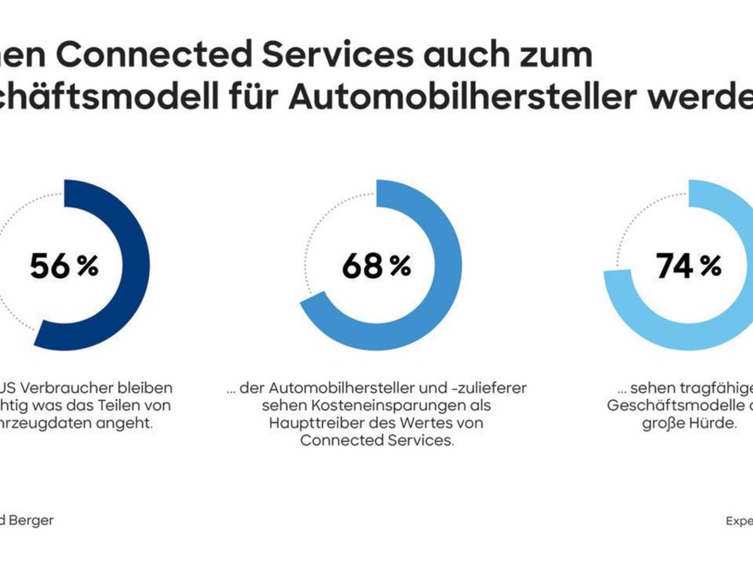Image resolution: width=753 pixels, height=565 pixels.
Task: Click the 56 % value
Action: (64, 266)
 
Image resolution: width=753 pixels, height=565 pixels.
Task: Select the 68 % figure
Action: (376, 266)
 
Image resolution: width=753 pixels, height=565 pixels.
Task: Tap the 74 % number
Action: (688, 266)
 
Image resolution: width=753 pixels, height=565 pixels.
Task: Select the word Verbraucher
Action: (72, 388)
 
